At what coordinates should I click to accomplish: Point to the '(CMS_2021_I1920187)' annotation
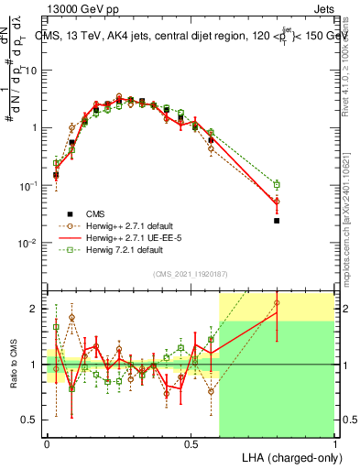pyautogui.click(x=191, y=272)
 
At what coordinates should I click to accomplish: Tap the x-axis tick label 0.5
pyautogui.click(x=191, y=442)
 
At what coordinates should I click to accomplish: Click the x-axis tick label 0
pyautogui.click(x=47, y=442)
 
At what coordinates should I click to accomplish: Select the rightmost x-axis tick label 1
pyautogui.click(x=334, y=442)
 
